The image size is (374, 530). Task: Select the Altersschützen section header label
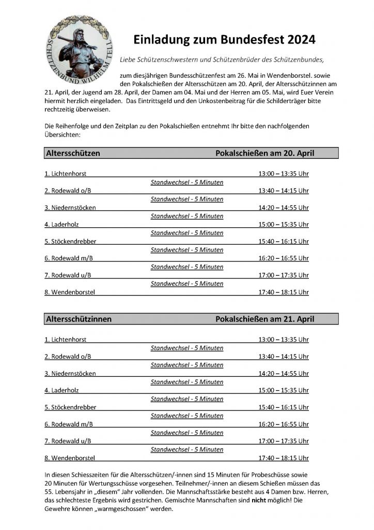(73, 153)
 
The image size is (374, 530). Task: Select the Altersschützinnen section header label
(79, 319)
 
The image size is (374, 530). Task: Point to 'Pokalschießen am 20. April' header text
(264, 153)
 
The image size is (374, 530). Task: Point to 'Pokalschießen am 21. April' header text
(264, 319)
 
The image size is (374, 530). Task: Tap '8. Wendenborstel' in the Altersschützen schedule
(70, 292)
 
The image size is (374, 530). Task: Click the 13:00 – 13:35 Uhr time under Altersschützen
(283, 173)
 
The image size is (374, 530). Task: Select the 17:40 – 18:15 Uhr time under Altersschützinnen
(283, 458)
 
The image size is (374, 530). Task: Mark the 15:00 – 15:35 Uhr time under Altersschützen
(283, 224)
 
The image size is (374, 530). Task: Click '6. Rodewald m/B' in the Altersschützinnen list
(69, 424)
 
